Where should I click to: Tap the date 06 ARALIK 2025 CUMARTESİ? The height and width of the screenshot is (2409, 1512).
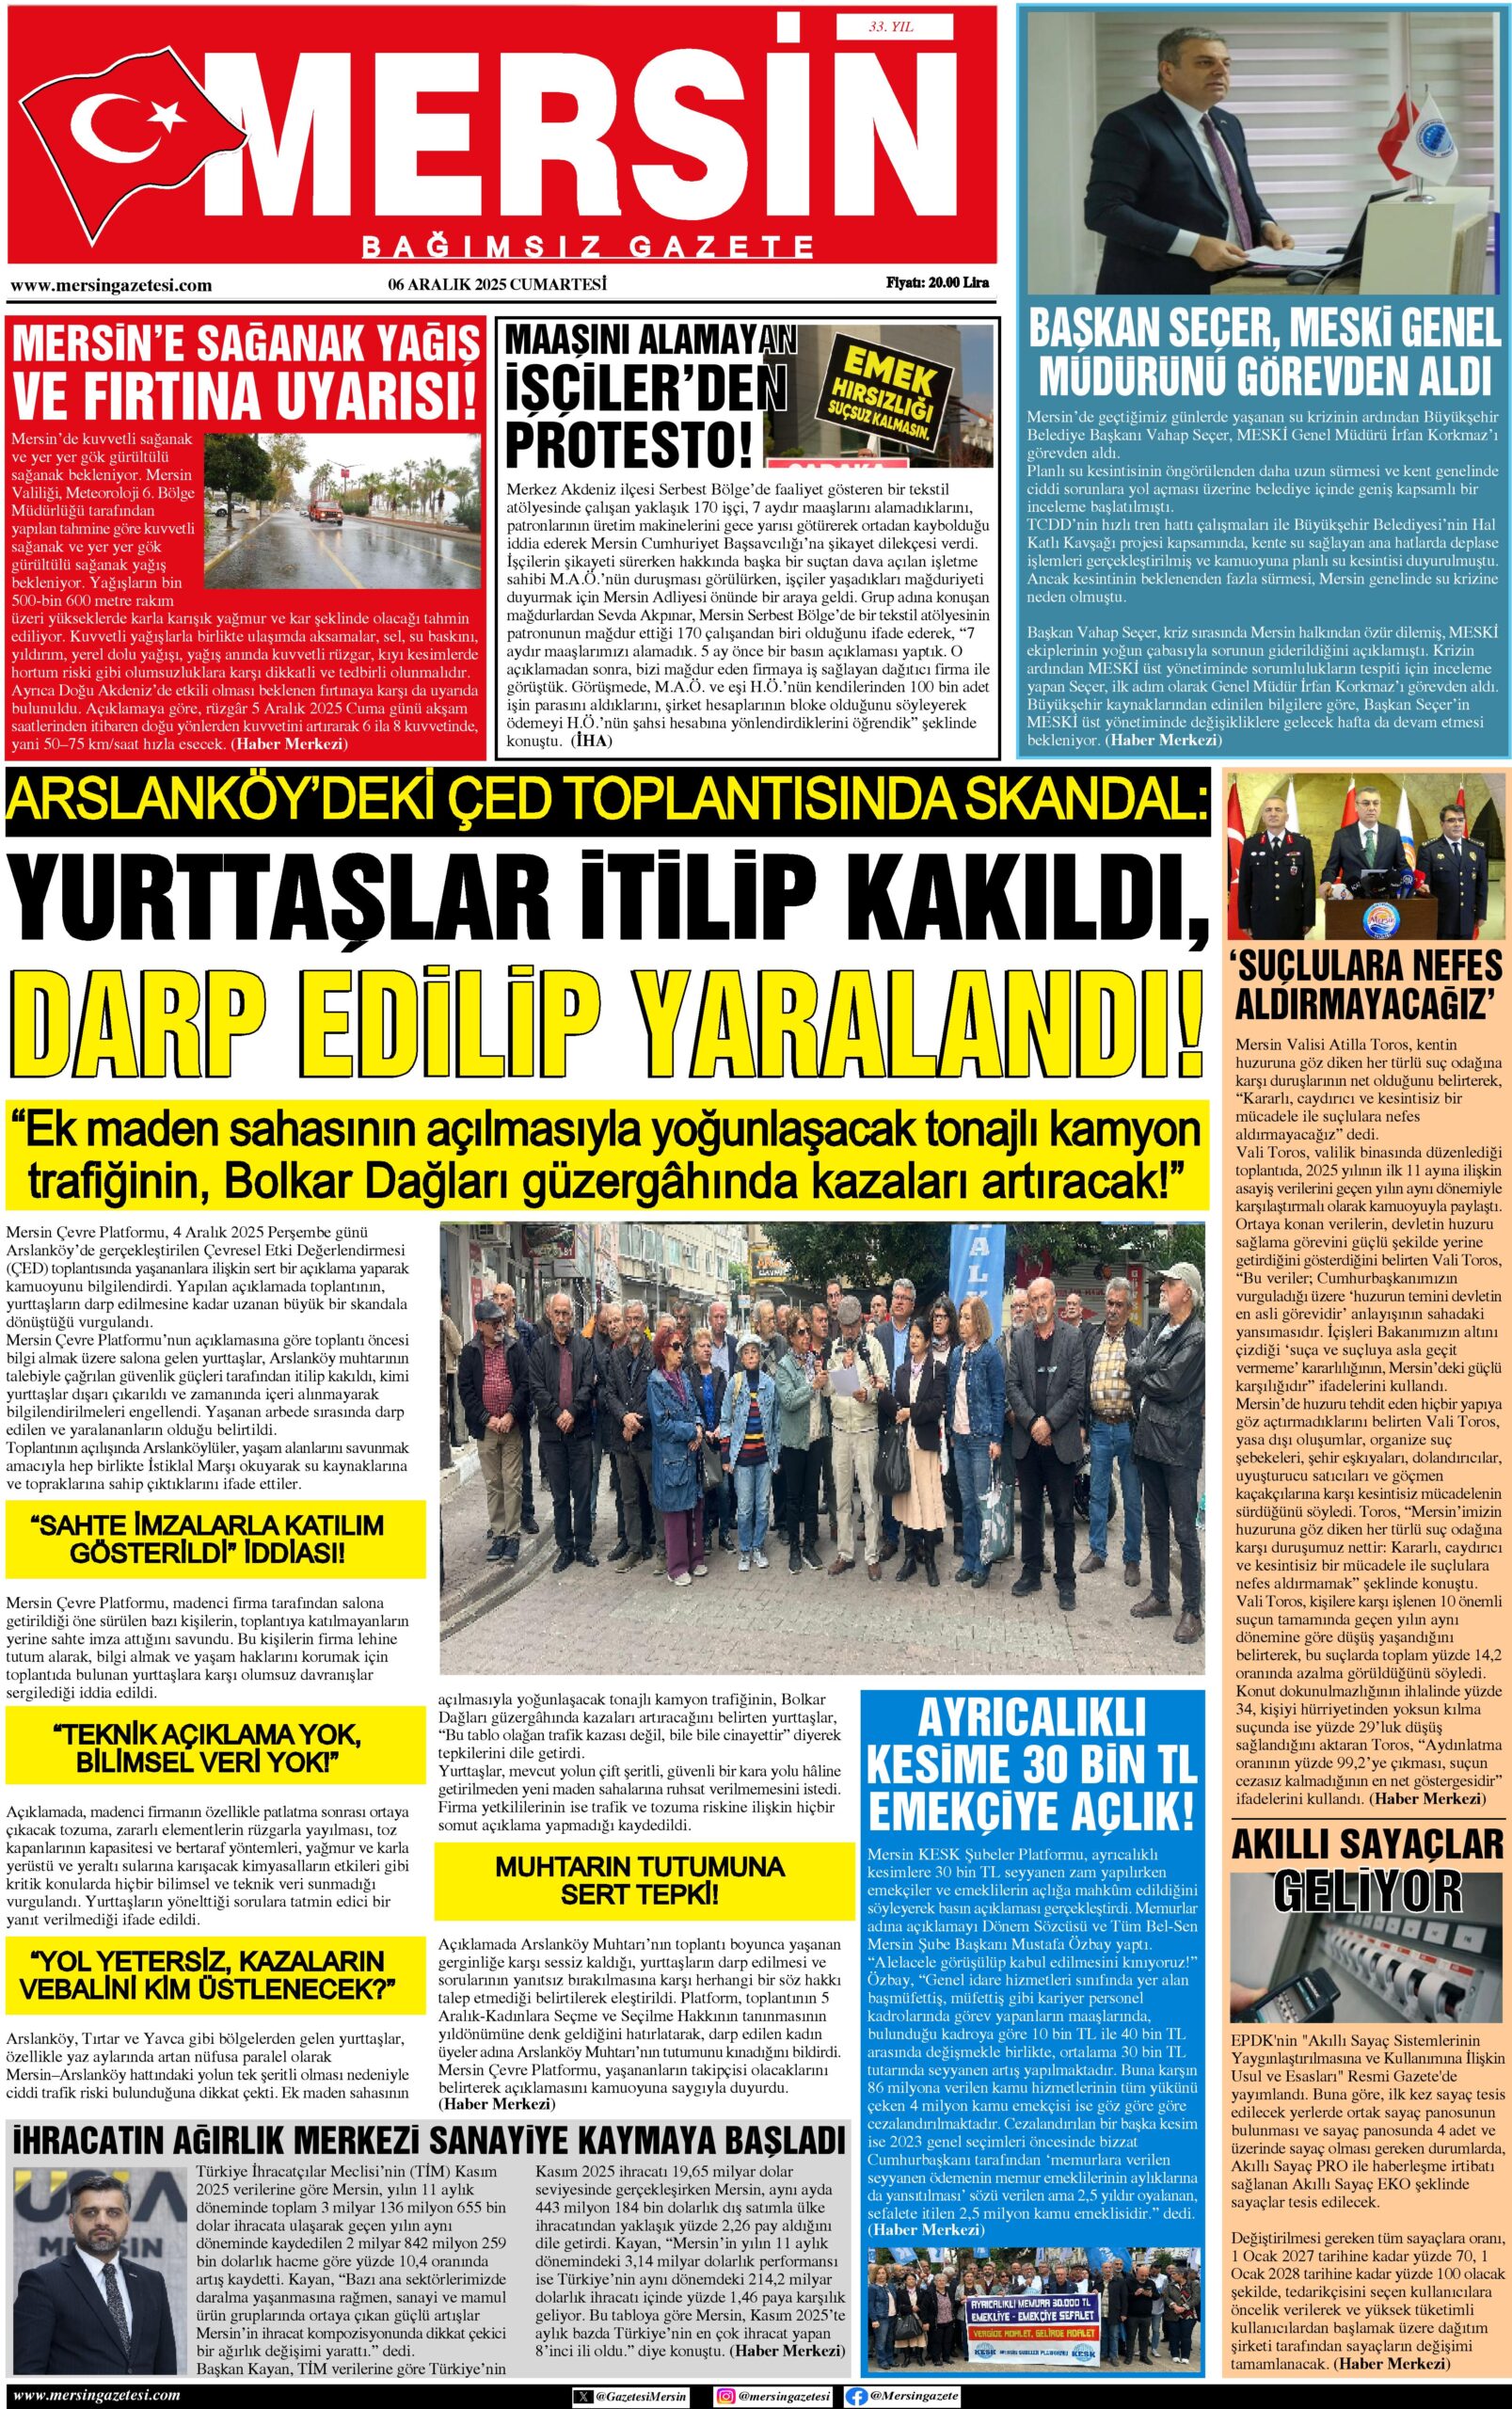pyautogui.click(x=498, y=284)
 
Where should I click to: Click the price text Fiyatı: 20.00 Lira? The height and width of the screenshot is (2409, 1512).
pyautogui.click(x=937, y=283)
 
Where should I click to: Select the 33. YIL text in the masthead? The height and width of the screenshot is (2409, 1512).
pyautogui.click(x=891, y=27)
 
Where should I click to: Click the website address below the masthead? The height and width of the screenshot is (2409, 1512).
pyautogui.click(x=111, y=285)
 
